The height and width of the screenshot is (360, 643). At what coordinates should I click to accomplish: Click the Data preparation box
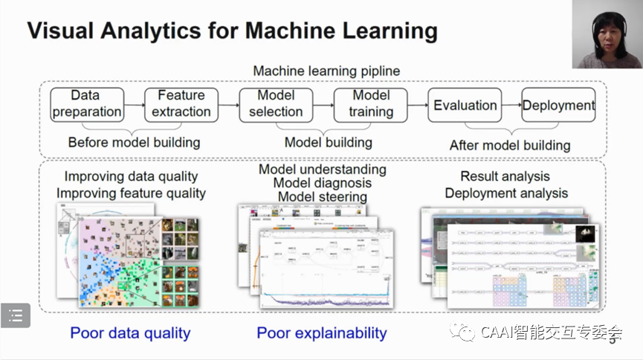tap(86, 104)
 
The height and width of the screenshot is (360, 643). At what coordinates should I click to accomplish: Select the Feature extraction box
tap(181, 104)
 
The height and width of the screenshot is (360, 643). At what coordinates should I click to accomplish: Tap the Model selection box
tap(276, 104)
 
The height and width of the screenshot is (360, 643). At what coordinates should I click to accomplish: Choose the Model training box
tap(371, 104)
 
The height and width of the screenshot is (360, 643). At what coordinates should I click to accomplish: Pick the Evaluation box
tap(465, 105)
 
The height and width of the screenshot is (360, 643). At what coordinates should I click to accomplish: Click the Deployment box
tap(558, 105)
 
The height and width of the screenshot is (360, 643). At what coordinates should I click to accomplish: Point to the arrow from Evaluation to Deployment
tap(511, 105)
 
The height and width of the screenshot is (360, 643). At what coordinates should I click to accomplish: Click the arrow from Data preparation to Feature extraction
tap(134, 105)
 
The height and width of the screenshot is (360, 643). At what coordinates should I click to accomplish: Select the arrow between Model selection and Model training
tap(323, 105)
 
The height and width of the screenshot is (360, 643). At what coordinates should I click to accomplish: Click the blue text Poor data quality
tap(130, 333)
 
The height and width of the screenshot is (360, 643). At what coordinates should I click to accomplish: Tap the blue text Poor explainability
tap(322, 333)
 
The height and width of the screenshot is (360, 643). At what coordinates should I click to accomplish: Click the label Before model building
tap(134, 142)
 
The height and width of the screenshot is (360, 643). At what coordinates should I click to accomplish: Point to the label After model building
tap(510, 145)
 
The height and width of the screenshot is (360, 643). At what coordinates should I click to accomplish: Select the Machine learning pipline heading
tap(326, 71)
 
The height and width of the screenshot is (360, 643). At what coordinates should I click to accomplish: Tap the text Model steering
tap(323, 197)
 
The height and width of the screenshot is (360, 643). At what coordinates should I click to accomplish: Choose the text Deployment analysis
tap(506, 193)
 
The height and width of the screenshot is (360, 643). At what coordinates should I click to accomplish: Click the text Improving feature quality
tap(135, 193)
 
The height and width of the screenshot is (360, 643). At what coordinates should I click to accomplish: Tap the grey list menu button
tap(16, 316)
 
